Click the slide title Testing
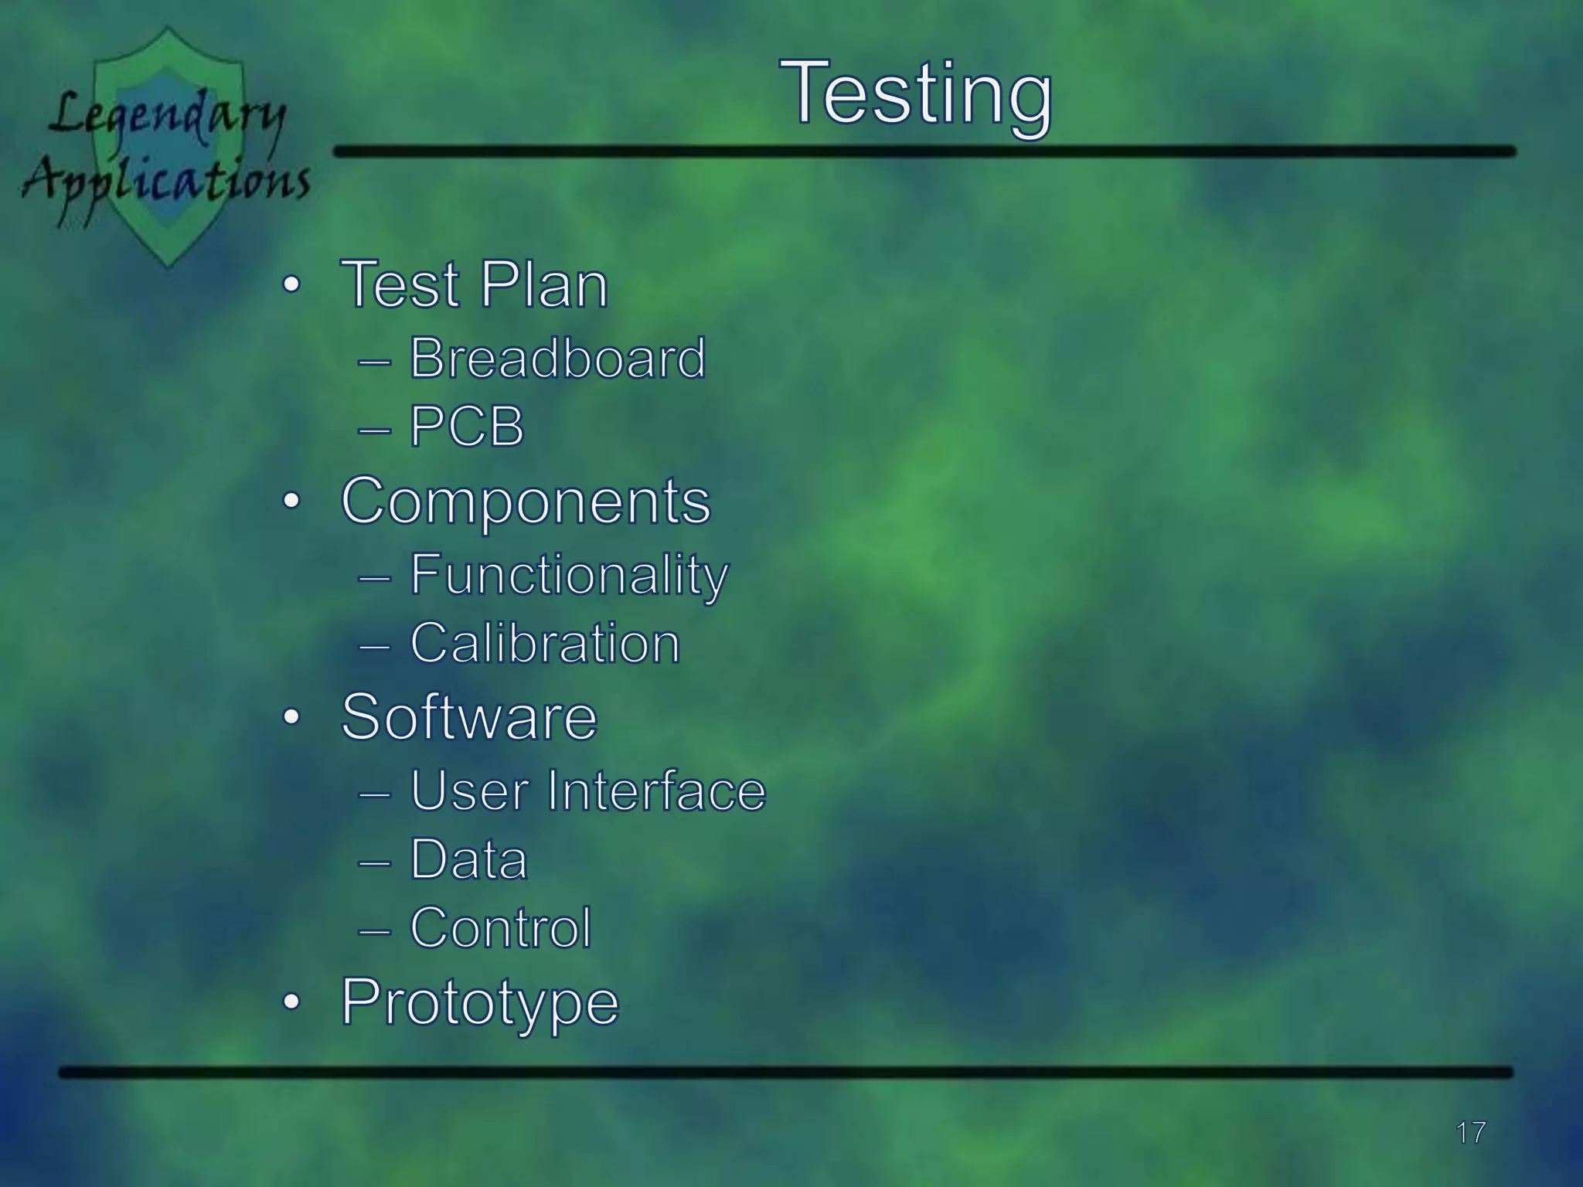pos(916,95)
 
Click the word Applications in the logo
pos(166,182)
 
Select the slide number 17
pos(1470,1133)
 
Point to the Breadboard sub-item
pos(557,359)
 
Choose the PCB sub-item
pos(467,427)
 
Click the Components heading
pos(526,501)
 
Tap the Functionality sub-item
pos(569,575)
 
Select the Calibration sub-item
pos(545,643)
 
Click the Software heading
pos(469,717)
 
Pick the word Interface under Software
pos(656,791)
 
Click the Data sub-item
pos(468,859)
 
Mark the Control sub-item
pos(500,927)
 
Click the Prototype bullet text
pos(480,1002)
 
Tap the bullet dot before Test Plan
pos(291,285)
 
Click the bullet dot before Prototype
pos(291,1002)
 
